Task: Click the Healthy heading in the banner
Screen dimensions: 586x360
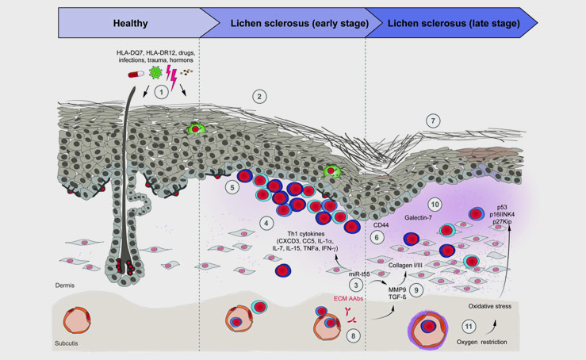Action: [130, 23]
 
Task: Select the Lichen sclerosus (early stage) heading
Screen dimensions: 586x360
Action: [300, 23]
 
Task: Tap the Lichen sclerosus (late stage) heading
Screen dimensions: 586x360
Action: [454, 23]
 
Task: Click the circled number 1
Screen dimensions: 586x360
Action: [162, 92]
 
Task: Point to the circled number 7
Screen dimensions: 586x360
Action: [433, 121]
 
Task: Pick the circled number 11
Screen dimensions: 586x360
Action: [469, 327]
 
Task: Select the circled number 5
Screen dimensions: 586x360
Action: [232, 187]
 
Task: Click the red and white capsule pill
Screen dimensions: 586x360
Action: [136, 75]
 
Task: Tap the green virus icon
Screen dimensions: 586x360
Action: [155, 72]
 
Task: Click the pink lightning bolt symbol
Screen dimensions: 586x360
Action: [171, 77]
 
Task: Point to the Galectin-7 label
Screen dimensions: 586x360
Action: [418, 217]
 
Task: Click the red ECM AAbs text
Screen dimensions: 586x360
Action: [348, 298]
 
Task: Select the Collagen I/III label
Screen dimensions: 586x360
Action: [405, 265]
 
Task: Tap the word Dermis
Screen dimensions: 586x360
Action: [65, 285]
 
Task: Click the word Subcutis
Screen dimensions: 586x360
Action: [66, 343]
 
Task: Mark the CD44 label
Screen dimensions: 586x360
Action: [381, 225]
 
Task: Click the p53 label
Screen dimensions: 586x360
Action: [502, 207]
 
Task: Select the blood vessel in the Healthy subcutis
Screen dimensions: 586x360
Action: [77, 320]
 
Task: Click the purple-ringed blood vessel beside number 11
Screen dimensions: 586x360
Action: [428, 329]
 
